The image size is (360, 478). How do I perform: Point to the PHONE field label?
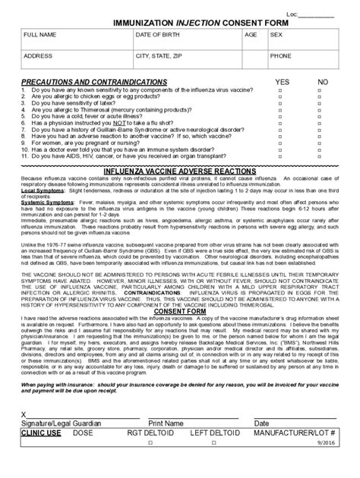(281, 55)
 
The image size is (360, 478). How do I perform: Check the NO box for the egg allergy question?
(323, 95)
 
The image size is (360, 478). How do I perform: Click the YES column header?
(283, 80)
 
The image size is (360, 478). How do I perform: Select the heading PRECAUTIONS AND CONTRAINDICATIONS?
(94, 80)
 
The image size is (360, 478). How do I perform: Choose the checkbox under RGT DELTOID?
(151, 464)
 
